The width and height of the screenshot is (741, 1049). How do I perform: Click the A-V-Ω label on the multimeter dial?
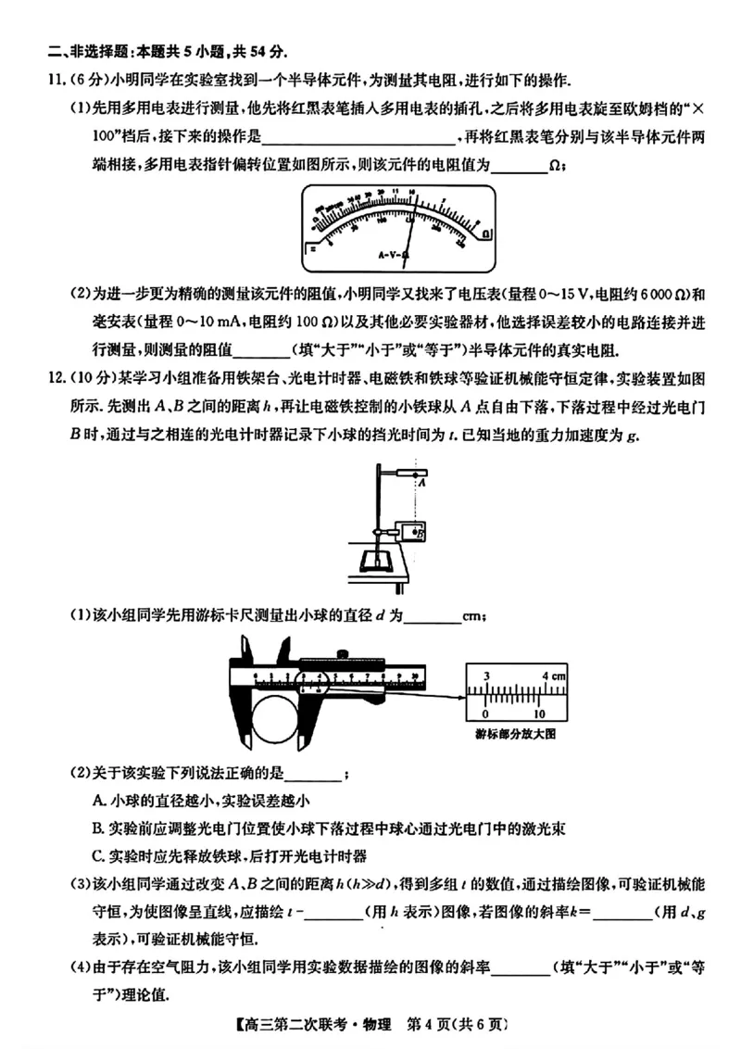pyautogui.click(x=395, y=253)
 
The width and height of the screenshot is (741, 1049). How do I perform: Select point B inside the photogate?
pyautogui.click(x=417, y=533)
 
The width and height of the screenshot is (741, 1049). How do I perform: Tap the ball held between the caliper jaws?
pyautogui.click(x=275, y=718)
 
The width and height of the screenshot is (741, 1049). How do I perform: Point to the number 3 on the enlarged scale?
pyautogui.click(x=487, y=675)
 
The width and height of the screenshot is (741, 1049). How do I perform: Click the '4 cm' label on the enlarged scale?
pyautogui.click(x=553, y=675)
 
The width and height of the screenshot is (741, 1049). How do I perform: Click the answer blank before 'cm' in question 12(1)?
pyautogui.click(x=433, y=614)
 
